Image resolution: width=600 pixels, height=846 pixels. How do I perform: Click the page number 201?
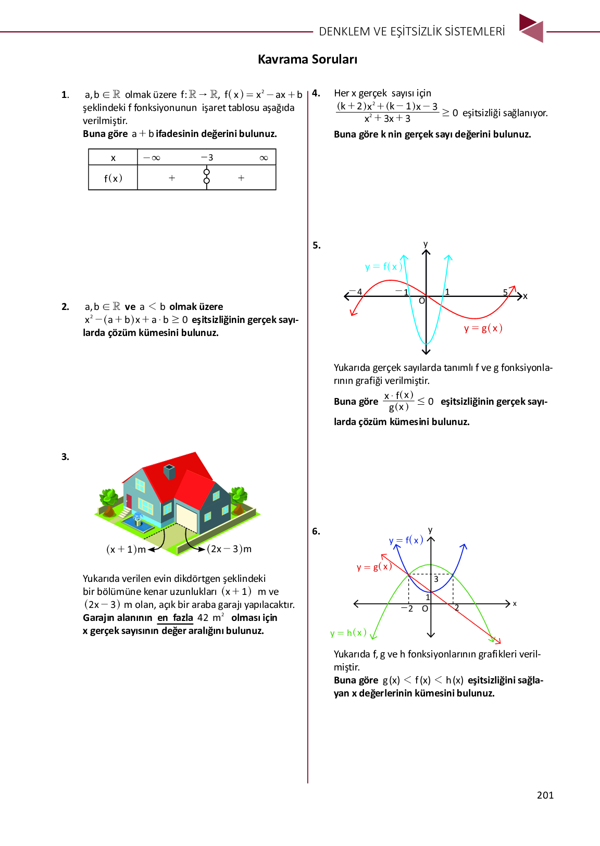click(545, 795)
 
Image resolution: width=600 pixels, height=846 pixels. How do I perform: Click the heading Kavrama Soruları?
click(307, 59)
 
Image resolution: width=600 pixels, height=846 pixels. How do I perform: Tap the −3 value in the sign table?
click(207, 157)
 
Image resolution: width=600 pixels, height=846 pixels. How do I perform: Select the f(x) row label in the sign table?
click(113, 178)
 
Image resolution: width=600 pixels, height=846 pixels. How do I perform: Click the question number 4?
click(316, 94)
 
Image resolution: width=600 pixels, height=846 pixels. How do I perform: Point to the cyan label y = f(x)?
click(383, 267)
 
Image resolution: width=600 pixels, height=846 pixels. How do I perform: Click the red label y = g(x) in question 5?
click(483, 328)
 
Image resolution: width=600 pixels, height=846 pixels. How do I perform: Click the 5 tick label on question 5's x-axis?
click(505, 292)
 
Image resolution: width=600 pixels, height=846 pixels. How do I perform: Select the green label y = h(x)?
click(348, 633)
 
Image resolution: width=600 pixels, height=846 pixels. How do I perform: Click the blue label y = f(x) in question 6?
click(406, 540)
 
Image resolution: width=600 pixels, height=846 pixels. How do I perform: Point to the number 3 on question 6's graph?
click(436, 579)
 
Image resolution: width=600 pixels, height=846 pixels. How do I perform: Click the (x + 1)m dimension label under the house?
click(126, 549)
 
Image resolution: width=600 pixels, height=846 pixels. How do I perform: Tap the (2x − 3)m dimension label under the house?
click(229, 549)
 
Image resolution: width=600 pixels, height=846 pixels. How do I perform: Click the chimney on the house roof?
click(169, 471)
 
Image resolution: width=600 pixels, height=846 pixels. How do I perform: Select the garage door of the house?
click(186, 518)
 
